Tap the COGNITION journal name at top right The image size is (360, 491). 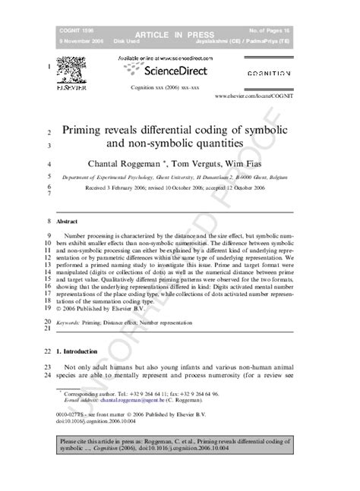pyautogui.click(x=269, y=74)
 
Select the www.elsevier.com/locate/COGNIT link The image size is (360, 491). pyautogui.click(x=254, y=97)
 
